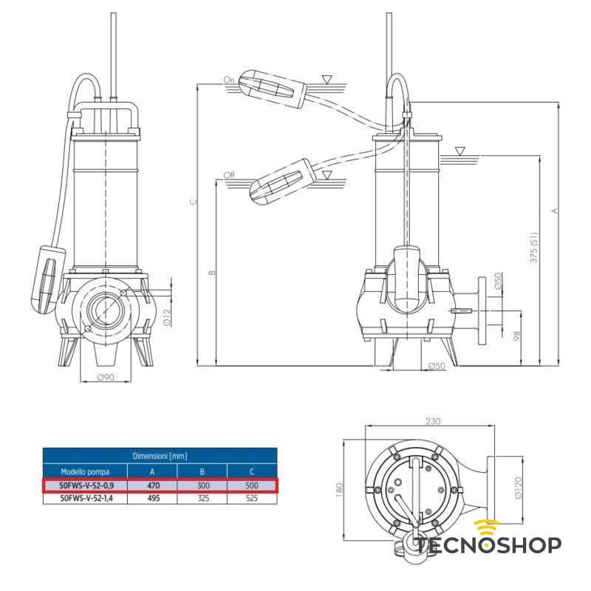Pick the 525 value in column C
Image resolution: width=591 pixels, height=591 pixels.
pos(251,499)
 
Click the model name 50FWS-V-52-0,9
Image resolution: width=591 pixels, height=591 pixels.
pos(86,486)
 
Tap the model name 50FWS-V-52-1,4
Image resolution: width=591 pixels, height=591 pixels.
pos(86,499)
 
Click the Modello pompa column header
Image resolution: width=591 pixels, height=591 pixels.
pos(86,471)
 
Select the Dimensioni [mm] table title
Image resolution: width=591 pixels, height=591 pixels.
pos(160,456)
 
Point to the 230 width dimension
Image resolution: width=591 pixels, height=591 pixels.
pos(432,422)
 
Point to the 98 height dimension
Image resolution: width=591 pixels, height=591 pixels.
pos(517,337)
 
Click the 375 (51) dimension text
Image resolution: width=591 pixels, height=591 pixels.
pos(533,248)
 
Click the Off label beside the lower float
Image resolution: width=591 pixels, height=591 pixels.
pos(229,175)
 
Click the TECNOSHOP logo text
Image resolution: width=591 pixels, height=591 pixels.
pos(488,545)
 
